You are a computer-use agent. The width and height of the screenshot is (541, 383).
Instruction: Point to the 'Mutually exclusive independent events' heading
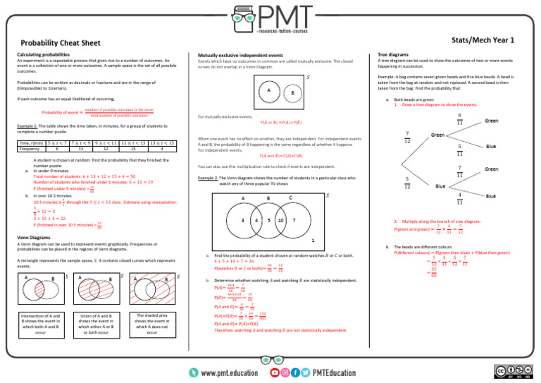tap(241, 54)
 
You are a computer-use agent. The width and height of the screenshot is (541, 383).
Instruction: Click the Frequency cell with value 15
tap(131, 149)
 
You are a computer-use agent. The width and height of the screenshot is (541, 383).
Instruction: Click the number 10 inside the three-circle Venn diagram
tap(280, 220)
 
